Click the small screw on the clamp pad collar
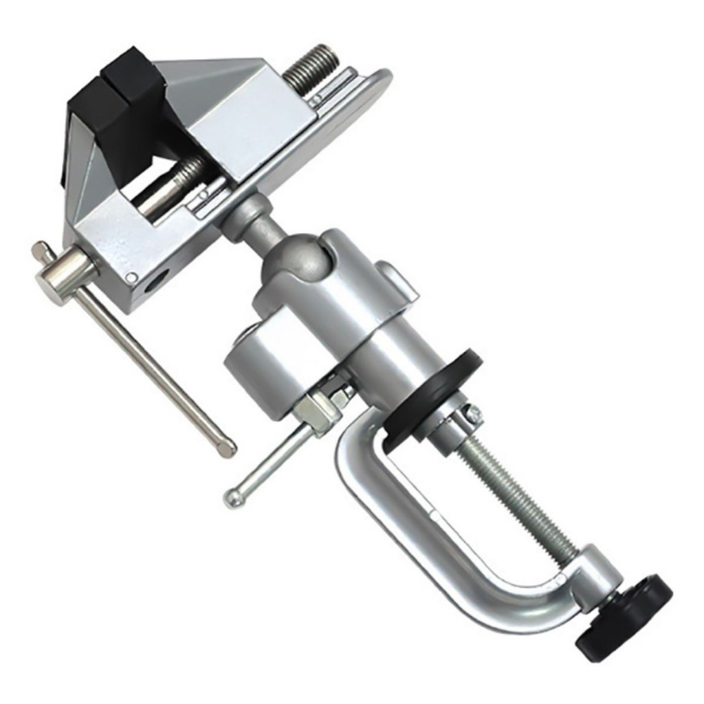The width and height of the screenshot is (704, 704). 473,415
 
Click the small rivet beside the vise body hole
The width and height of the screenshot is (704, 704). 131,277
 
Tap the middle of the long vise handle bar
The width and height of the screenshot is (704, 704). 151,364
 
